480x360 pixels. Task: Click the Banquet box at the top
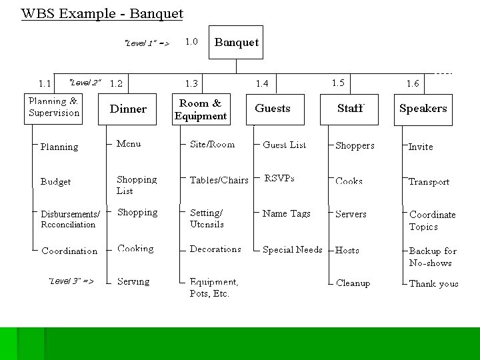coord(237,43)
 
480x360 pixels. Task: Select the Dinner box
coord(128,109)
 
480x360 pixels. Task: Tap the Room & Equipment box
coord(200,109)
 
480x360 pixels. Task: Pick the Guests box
coord(273,108)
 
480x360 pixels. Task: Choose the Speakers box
coord(423,108)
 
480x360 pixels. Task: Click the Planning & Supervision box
coord(53,107)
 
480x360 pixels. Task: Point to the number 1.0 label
coord(191,41)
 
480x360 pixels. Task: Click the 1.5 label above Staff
coord(338,83)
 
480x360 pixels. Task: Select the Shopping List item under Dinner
coord(137,185)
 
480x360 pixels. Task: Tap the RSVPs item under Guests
coord(279,179)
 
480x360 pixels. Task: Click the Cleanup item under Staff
coord(353,283)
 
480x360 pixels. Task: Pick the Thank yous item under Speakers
coord(433,283)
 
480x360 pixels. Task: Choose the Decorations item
coord(215,249)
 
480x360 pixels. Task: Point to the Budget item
coord(55,181)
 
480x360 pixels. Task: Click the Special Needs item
coord(292,250)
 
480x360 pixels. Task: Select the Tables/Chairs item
coord(219,180)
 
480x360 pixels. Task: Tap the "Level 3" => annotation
coord(71,281)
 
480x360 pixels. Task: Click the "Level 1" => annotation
coord(147,43)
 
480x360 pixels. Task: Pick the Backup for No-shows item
coord(433,257)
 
